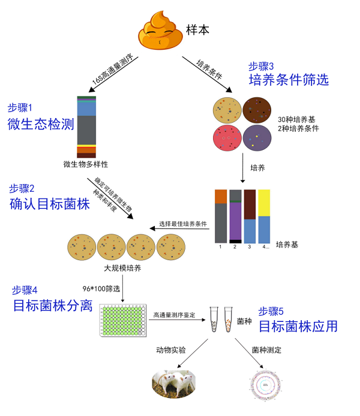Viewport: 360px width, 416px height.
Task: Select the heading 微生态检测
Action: pos(41,124)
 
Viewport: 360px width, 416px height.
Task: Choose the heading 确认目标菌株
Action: pos(49,204)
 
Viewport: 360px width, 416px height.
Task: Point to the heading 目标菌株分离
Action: pos(53,306)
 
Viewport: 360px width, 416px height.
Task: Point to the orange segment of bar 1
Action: pos(221,196)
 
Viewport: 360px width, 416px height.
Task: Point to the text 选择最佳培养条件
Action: pos(183,224)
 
